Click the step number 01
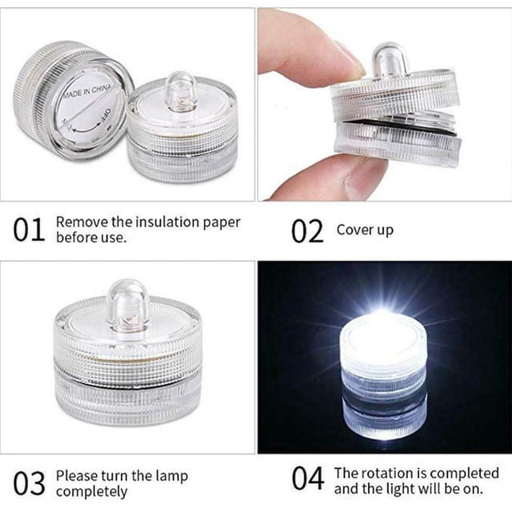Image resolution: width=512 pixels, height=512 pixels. pyautogui.click(x=29, y=230)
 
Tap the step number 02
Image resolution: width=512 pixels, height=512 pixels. pyautogui.click(x=307, y=231)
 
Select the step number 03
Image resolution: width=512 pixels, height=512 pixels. pyautogui.click(x=29, y=483)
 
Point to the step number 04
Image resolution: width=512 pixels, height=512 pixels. pyautogui.click(x=308, y=478)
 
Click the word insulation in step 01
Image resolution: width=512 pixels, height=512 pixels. pyautogui.click(x=167, y=222)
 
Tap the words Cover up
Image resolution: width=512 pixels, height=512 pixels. pyautogui.click(x=365, y=230)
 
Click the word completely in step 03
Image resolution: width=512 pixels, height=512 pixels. pyautogui.click(x=92, y=492)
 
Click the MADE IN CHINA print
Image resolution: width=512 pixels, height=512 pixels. pyautogui.click(x=87, y=90)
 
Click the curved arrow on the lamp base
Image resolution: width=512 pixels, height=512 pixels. pyautogui.click(x=86, y=130)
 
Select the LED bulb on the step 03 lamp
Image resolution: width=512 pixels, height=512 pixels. pyautogui.click(x=128, y=305)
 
